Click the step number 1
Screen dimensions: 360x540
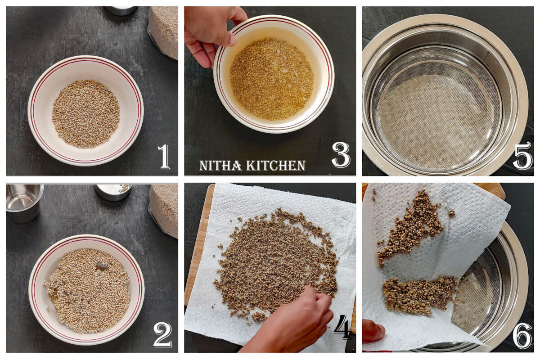click(x=164, y=157)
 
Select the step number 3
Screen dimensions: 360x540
click(x=340, y=155)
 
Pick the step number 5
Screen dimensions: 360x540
click(x=522, y=156)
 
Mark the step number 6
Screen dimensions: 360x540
click(x=522, y=336)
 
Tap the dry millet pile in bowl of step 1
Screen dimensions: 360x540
click(x=85, y=114)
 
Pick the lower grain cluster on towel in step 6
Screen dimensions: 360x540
click(x=418, y=295)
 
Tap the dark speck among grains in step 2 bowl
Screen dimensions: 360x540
click(x=103, y=266)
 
